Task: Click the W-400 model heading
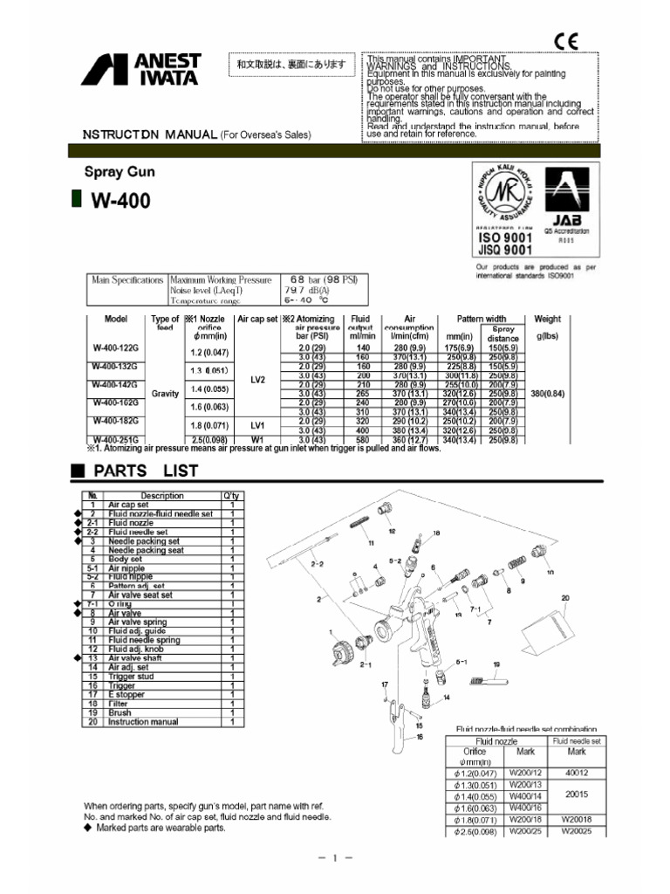(x=120, y=201)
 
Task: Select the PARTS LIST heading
(x=146, y=471)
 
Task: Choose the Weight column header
(x=548, y=320)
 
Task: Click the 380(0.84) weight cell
(x=548, y=394)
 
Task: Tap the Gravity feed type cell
(x=165, y=394)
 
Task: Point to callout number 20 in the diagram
(x=565, y=598)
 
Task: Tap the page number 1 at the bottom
(x=335, y=859)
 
